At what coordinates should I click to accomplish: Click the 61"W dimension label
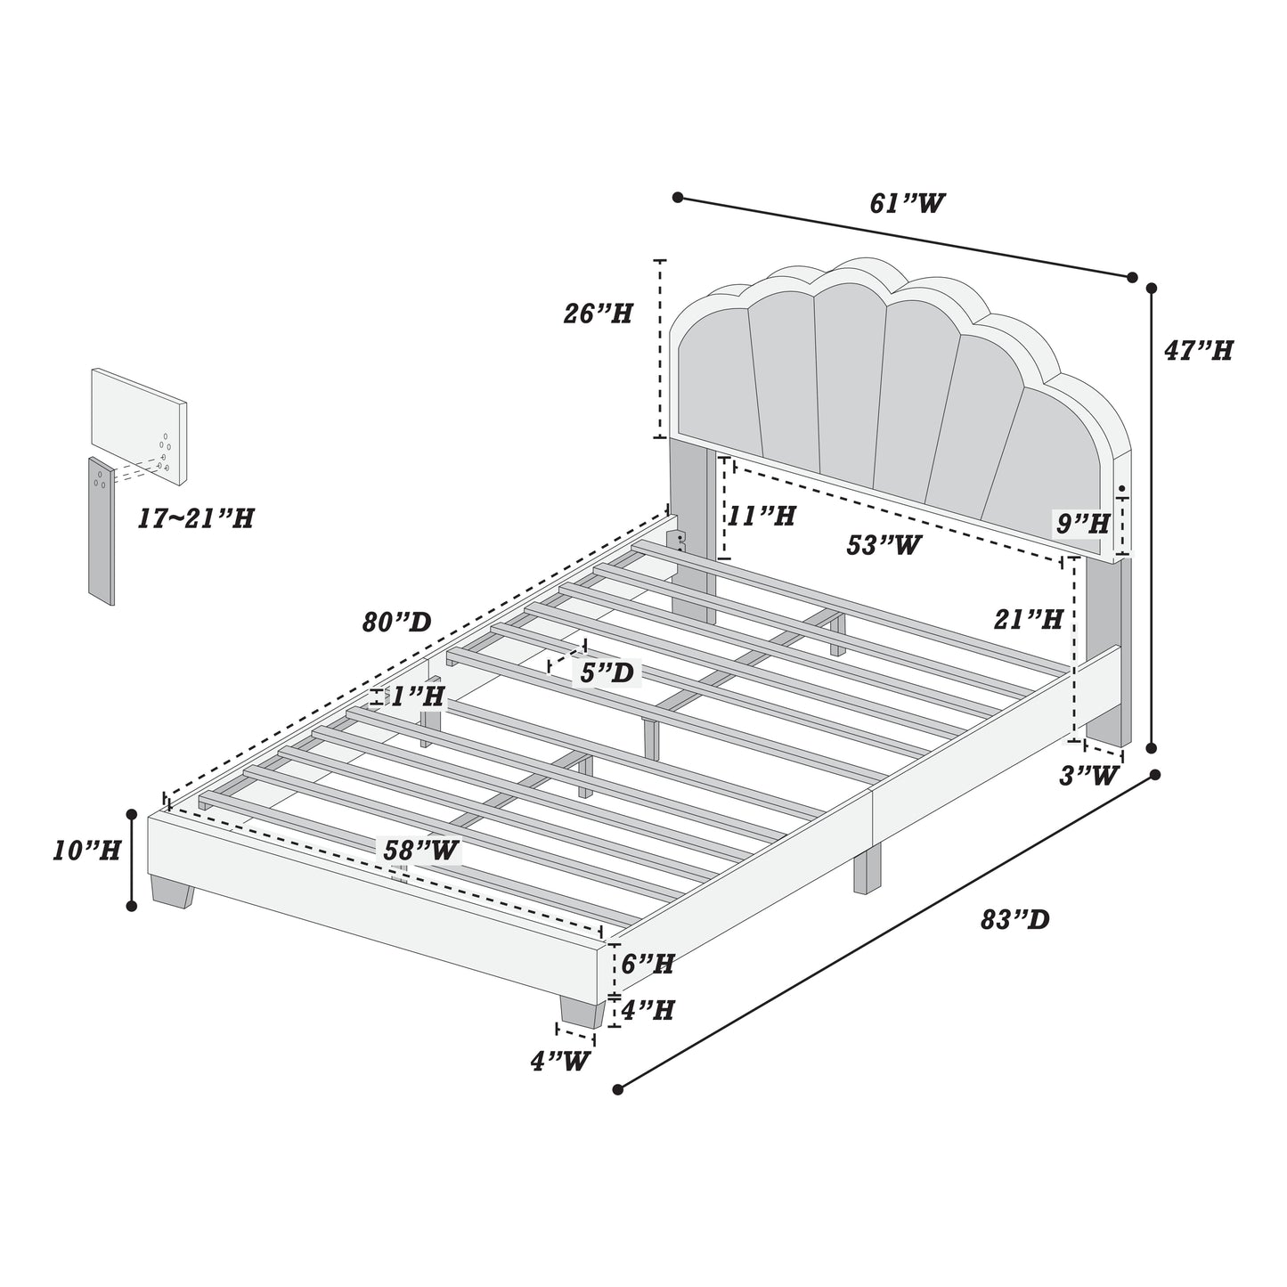[x=907, y=204]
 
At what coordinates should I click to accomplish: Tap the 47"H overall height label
[x=1198, y=351]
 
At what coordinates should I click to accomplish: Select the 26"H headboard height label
[x=598, y=314]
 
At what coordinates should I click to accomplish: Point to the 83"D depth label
[x=1015, y=920]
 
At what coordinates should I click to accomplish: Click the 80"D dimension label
[x=396, y=623]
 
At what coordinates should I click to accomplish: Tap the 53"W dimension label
[x=884, y=545]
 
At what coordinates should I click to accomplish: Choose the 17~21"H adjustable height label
[x=196, y=518]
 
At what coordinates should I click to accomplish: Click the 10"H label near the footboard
[x=86, y=851]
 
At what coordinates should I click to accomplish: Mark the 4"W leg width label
[x=561, y=1061]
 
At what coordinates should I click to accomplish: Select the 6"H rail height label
[x=648, y=963]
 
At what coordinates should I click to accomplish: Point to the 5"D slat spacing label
[x=607, y=672]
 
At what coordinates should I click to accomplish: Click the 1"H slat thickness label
[x=418, y=696]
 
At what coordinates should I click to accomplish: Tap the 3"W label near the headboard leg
[x=1088, y=776]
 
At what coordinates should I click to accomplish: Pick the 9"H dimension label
[x=1083, y=525]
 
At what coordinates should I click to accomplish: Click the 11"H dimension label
[x=762, y=516]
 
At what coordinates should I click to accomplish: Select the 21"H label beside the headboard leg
[x=1029, y=620]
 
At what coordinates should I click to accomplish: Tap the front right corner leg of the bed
[x=582, y=1011]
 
